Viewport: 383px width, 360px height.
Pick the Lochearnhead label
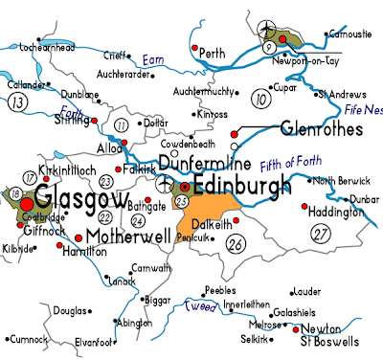(x=40, y=45)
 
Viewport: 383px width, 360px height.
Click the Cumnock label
(x=29, y=339)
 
